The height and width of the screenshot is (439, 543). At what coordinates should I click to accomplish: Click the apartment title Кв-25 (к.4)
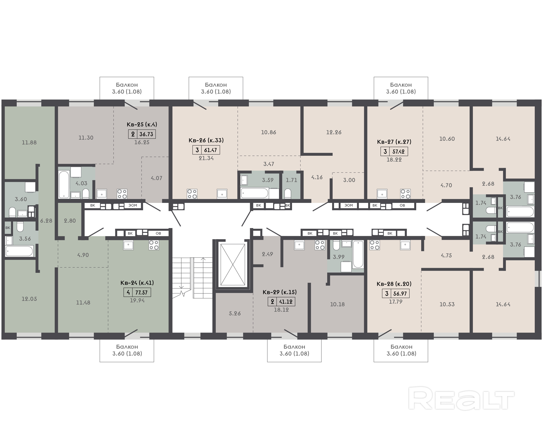pos(142,124)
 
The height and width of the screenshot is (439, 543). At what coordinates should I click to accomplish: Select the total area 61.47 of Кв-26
pos(210,150)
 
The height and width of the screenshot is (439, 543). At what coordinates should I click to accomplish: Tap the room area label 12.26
pos(334,132)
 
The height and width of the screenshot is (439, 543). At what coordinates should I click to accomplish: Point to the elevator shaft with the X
pos(233,265)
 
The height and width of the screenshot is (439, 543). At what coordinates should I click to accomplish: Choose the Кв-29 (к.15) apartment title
pos(280,292)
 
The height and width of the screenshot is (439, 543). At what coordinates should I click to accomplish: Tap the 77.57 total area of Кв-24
pos(141,293)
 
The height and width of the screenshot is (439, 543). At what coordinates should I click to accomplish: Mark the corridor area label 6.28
pos(46,221)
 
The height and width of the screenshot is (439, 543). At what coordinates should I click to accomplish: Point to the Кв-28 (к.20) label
pos(394,284)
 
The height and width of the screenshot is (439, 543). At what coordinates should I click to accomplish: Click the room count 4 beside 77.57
pos(128,293)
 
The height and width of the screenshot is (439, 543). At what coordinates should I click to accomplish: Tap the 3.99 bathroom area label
pos(338,257)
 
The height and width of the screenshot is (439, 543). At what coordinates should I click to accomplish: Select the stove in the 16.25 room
pos(122,194)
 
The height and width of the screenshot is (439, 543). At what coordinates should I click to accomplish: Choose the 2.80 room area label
pos(70,221)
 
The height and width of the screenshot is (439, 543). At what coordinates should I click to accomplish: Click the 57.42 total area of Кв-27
pos(398,152)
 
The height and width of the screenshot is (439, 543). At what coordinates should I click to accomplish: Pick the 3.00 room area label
pos(349,180)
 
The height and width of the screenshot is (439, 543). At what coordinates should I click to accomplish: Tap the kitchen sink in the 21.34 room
pos(222,194)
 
